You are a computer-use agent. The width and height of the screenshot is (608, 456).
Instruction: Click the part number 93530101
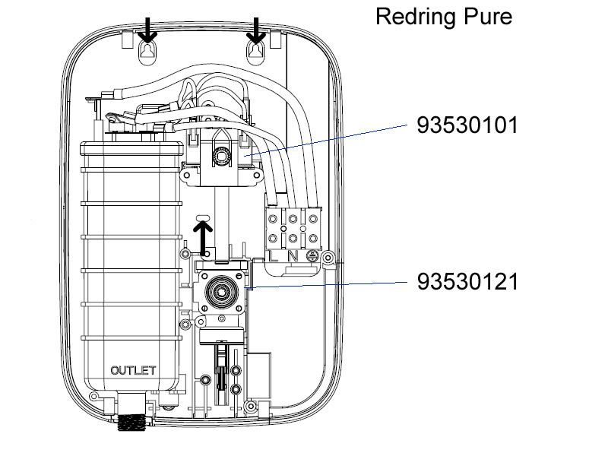click(x=467, y=125)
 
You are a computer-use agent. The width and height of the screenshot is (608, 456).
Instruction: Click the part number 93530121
click(x=467, y=282)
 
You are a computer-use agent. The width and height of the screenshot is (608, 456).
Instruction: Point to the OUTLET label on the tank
click(x=133, y=371)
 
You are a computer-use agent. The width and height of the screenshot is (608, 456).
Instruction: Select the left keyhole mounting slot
click(x=147, y=52)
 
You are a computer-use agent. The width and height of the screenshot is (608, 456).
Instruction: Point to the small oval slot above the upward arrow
click(x=203, y=218)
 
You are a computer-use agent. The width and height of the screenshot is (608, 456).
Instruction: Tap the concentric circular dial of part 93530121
click(x=223, y=291)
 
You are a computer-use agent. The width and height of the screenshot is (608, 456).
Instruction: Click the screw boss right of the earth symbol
click(x=328, y=260)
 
